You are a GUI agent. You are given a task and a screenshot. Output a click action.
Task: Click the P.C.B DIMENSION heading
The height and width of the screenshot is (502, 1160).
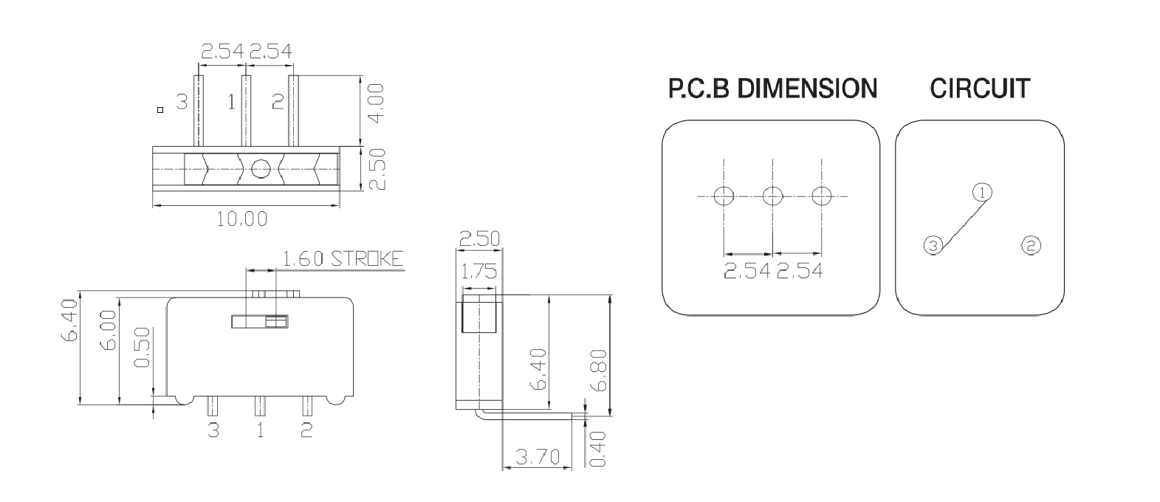[x=772, y=89]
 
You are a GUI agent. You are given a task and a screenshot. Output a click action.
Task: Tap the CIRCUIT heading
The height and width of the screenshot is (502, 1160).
[x=979, y=89]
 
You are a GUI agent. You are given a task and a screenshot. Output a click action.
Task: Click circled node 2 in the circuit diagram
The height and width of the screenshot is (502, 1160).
[x=1030, y=245]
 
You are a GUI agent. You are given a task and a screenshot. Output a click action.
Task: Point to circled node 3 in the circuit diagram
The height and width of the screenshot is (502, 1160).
[x=933, y=245]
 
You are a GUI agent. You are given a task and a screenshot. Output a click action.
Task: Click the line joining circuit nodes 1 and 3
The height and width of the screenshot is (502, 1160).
[x=958, y=219]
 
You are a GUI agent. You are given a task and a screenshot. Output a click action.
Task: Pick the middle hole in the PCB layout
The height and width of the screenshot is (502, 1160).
[x=772, y=196]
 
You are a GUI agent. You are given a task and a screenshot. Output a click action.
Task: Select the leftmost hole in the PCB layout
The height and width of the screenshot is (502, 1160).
[x=724, y=196]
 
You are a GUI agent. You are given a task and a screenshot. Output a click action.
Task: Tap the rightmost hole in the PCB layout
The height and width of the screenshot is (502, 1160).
[x=821, y=196]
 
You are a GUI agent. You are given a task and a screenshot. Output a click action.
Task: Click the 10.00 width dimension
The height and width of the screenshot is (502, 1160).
[x=241, y=219]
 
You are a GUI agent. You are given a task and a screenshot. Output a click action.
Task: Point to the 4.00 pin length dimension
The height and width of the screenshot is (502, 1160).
[x=375, y=104]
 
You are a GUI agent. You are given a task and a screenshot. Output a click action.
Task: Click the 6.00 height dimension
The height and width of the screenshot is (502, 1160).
[x=108, y=331]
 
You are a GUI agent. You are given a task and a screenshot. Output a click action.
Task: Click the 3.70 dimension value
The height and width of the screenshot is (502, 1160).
[x=538, y=456]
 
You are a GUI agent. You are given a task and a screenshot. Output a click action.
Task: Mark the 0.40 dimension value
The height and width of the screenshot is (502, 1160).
[x=598, y=449]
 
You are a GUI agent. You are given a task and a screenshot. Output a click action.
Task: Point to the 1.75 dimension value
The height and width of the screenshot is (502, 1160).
[x=478, y=272]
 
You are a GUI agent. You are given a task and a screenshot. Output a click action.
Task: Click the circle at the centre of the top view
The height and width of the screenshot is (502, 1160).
[x=260, y=169]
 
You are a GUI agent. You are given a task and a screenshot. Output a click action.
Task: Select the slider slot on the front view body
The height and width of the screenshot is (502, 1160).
[x=259, y=321]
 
